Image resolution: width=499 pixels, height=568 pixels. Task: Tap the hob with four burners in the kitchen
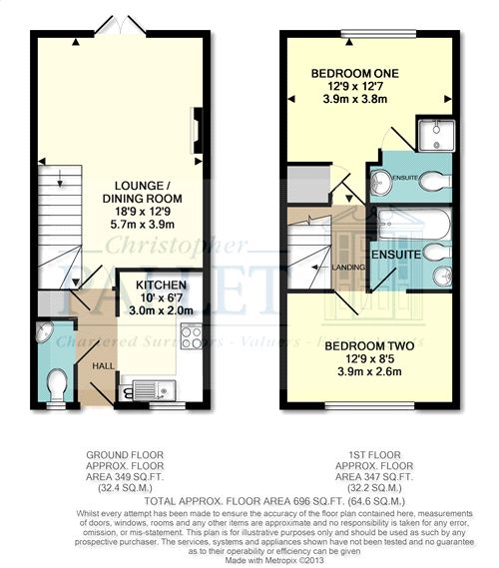(193, 336)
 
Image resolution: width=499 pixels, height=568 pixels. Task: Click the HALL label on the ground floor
(102, 366)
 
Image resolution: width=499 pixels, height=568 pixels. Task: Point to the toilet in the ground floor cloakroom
(59, 384)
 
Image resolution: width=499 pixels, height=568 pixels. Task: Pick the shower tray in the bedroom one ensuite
(436, 134)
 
